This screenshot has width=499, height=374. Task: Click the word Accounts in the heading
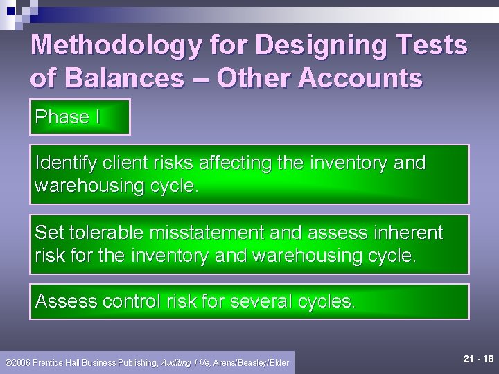(x=360, y=78)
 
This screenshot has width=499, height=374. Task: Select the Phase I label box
(x=80, y=117)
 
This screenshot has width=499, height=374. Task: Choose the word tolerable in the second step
(x=104, y=233)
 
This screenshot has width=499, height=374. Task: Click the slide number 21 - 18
(x=478, y=359)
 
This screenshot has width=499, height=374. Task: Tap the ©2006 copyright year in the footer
(x=17, y=362)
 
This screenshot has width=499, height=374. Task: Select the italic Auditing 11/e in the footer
(x=185, y=362)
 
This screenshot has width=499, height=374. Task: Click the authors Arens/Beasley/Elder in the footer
(x=252, y=362)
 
